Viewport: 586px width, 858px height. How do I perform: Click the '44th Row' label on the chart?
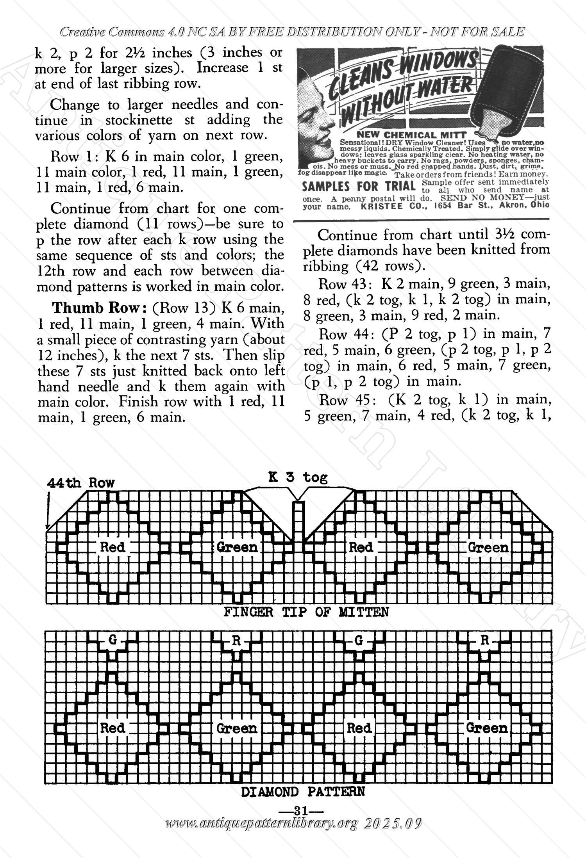coord(80,483)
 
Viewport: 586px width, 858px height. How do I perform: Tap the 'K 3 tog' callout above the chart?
coord(298,477)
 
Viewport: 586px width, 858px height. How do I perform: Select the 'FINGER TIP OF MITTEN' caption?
coord(306,612)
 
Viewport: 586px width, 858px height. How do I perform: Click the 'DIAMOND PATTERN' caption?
coord(303,792)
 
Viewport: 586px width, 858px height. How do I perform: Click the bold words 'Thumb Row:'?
coord(100,308)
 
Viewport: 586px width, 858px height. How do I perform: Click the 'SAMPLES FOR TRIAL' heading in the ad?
coord(359,187)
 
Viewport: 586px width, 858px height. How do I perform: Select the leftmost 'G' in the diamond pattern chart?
coord(113,641)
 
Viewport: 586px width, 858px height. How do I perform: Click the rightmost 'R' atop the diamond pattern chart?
coord(484,641)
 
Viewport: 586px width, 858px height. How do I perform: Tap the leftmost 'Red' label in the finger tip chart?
coord(113,547)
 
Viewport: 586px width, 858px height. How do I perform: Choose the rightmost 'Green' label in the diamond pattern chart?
coord(487,728)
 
